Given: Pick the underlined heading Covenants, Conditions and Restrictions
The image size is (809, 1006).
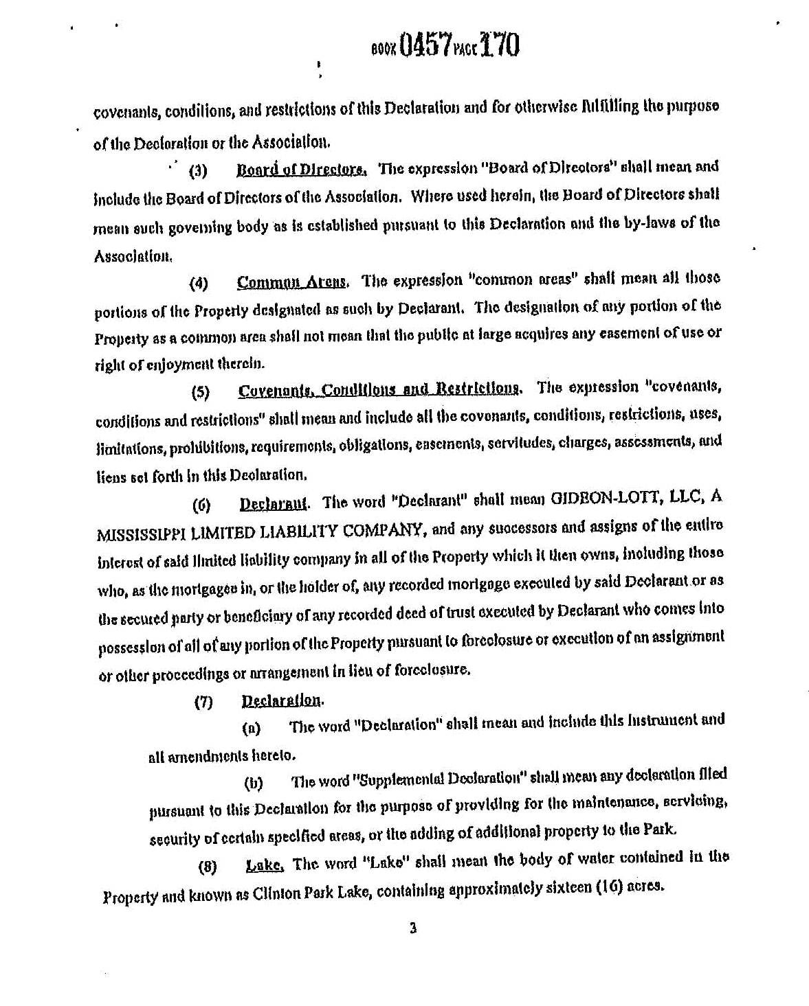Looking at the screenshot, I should [x=379, y=390].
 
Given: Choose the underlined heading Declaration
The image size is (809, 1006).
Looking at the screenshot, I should [x=281, y=700].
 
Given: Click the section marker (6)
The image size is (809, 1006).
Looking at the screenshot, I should [x=201, y=505].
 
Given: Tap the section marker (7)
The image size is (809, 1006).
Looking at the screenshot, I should [x=203, y=702].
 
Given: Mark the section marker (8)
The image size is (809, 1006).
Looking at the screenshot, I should [x=207, y=867].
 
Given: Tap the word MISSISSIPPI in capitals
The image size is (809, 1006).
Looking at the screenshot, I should [x=137, y=531].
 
